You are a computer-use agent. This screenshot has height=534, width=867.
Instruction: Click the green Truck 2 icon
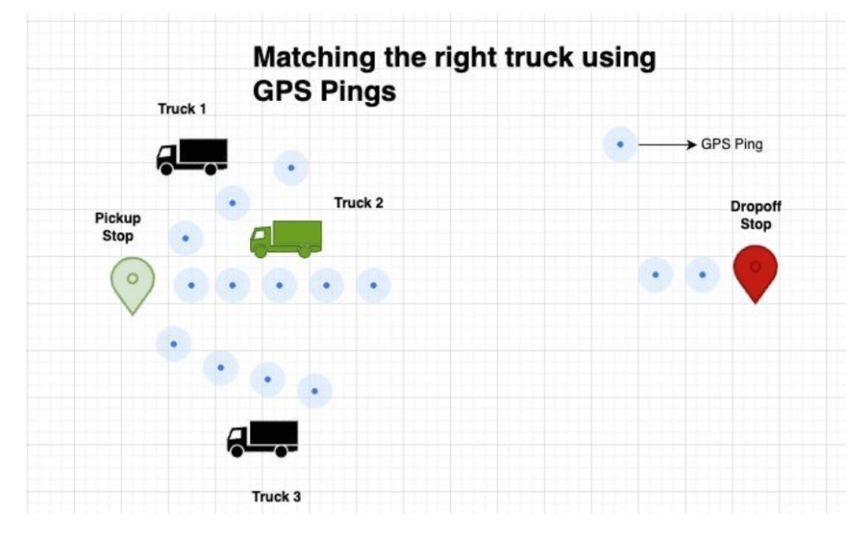click(286, 239)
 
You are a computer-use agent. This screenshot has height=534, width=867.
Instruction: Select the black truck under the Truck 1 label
click(192, 156)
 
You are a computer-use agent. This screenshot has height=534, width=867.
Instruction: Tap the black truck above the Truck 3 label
click(263, 438)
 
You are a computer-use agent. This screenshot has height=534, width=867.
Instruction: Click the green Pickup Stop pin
click(132, 283)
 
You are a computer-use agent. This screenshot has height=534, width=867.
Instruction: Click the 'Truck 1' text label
click(182, 109)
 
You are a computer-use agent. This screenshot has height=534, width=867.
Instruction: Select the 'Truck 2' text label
click(358, 204)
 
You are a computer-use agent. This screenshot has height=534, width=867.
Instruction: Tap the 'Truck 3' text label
click(276, 497)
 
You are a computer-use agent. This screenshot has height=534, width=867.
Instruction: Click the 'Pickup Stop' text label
click(118, 227)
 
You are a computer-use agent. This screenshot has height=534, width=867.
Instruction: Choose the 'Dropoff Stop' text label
click(755, 216)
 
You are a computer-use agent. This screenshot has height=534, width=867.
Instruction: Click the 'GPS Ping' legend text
click(732, 144)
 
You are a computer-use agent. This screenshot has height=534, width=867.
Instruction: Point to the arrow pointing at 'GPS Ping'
click(667, 144)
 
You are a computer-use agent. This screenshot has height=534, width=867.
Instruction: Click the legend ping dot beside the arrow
click(621, 144)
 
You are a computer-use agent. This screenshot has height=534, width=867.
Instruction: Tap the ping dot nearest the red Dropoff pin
click(702, 275)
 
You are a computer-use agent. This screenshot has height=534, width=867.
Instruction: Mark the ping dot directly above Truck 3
click(315, 391)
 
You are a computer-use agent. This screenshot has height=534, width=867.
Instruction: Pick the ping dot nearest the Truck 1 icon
click(232, 202)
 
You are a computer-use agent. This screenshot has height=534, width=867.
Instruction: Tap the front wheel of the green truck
click(261, 250)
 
